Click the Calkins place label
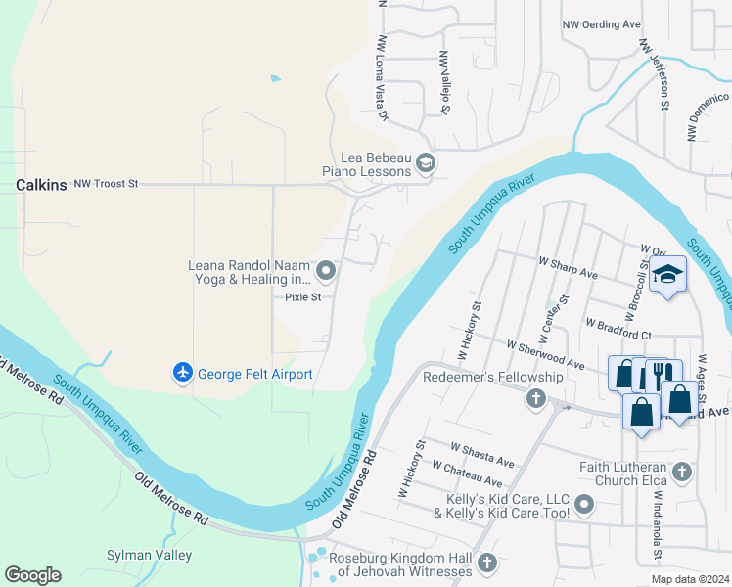[41, 184]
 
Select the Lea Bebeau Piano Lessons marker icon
[425, 163]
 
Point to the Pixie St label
[302, 297]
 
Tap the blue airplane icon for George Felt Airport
[182, 373]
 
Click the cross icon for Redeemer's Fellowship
[535, 398]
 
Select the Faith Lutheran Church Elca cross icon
[682, 473]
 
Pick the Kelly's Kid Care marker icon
[584, 505]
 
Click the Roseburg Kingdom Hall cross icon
[487, 563]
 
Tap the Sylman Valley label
[149, 555]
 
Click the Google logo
[32, 575]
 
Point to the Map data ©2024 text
[689, 579]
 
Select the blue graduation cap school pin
[668, 275]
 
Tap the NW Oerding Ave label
[601, 24]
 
